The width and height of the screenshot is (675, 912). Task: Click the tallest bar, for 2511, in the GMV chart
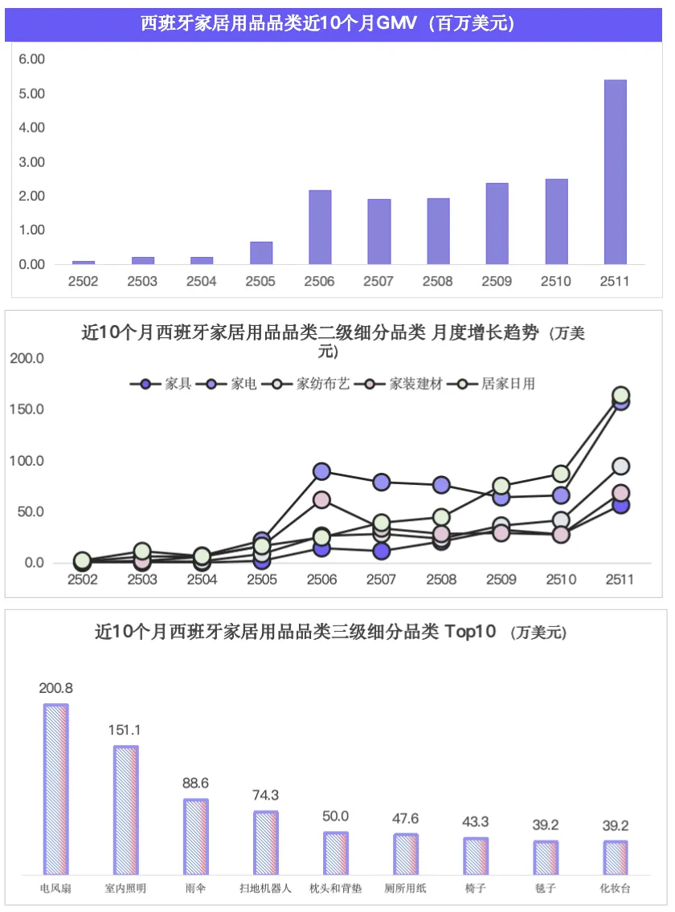[x=615, y=172]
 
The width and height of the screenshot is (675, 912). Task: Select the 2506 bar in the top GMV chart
[x=320, y=227]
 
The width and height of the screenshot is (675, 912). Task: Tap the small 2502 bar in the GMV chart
[x=83, y=262]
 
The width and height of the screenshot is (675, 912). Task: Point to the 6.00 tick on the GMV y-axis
[x=32, y=59]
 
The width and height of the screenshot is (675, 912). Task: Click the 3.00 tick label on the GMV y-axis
[x=32, y=162]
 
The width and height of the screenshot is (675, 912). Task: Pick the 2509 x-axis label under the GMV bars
[x=497, y=282]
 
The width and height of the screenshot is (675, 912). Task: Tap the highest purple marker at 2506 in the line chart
[x=321, y=471]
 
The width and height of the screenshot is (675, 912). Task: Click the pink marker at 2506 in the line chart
[x=321, y=500]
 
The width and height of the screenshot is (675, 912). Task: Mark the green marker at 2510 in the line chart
[x=561, y=474]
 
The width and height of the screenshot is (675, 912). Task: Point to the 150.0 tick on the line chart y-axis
[x=27, y=409]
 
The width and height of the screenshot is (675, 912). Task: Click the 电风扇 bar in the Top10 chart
[x=55, y=789]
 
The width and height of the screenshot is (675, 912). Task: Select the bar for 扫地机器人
[x=265, y=842]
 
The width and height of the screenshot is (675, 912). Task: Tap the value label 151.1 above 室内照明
[x=125, y=730]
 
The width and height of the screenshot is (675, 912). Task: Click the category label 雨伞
[x=195, y=889]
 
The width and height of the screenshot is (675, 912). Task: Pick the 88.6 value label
[x=195, y=783]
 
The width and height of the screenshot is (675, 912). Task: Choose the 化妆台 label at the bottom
[x=615, y=889]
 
